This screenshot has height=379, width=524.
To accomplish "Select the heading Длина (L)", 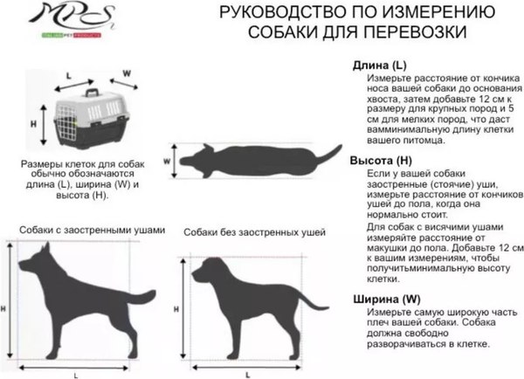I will point(378,65).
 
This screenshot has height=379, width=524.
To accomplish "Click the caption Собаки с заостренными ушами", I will point(91,229).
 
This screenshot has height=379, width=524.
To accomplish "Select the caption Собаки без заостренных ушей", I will point(254,232).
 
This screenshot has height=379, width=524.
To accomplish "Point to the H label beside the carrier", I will point(33,124).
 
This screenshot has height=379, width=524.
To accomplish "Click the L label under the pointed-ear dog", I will point(75,374).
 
